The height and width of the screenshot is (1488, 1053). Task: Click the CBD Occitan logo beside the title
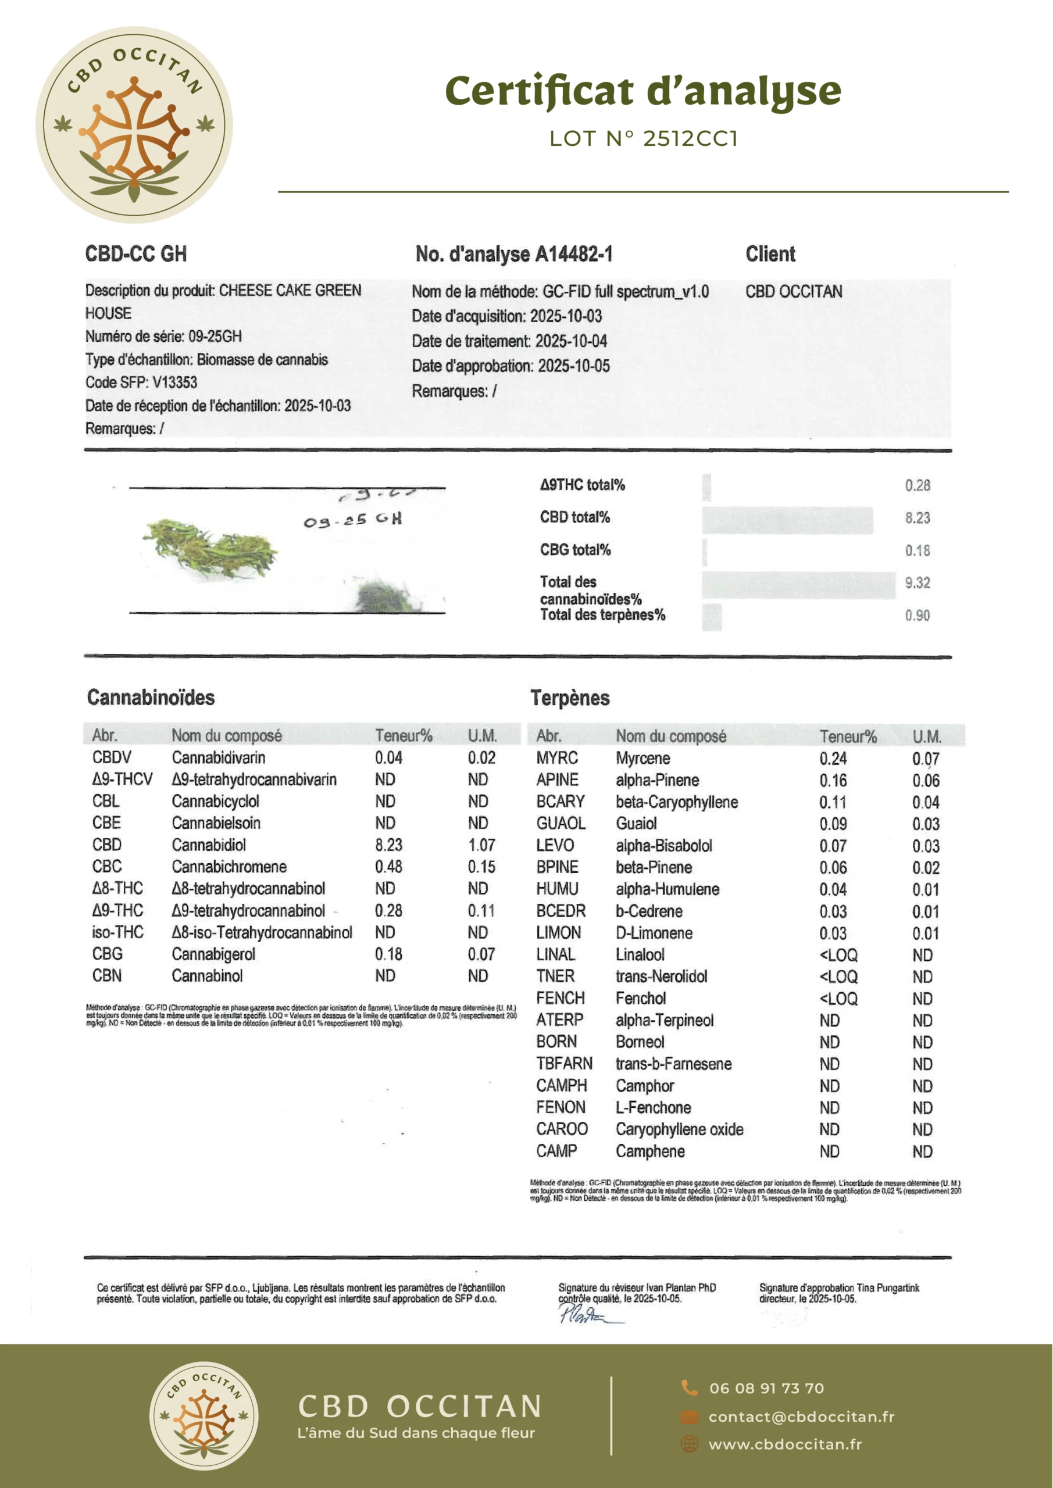(x=134, y=125)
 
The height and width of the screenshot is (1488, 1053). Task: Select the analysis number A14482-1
(x=513, y=254)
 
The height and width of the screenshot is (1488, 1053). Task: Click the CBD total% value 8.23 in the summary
(x=917, y=518)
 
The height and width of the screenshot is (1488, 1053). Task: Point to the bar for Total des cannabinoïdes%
(x=798, y=585)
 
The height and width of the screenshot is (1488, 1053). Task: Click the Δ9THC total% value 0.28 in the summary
(x=917, y=485)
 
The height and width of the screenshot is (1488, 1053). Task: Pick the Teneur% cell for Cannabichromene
(x=388, y=867)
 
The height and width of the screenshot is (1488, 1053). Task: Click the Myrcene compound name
(x=642, y=759)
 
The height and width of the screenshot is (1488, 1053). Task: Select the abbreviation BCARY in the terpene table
(x=560, y=802)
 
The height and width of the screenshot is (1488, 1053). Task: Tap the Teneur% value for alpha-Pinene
(x=833, y=780)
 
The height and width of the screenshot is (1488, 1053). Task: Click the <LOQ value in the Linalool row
(x=838, y=954)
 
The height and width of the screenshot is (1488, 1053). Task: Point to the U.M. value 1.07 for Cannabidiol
(x=481, y=845)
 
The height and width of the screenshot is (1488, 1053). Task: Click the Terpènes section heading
(x=570, y=698)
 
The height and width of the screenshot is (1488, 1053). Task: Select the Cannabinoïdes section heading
(x=151, y=697)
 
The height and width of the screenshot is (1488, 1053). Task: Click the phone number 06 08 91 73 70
(x=766, y=1388)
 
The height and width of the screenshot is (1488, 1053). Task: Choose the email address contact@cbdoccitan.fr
(x=801, y=1417)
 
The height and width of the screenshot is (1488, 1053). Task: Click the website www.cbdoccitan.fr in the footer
(x=784, y=1444)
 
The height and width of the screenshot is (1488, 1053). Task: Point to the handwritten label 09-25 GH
(x=353, y=520)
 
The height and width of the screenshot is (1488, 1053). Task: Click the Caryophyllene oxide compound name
(x=679, y=1129)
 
